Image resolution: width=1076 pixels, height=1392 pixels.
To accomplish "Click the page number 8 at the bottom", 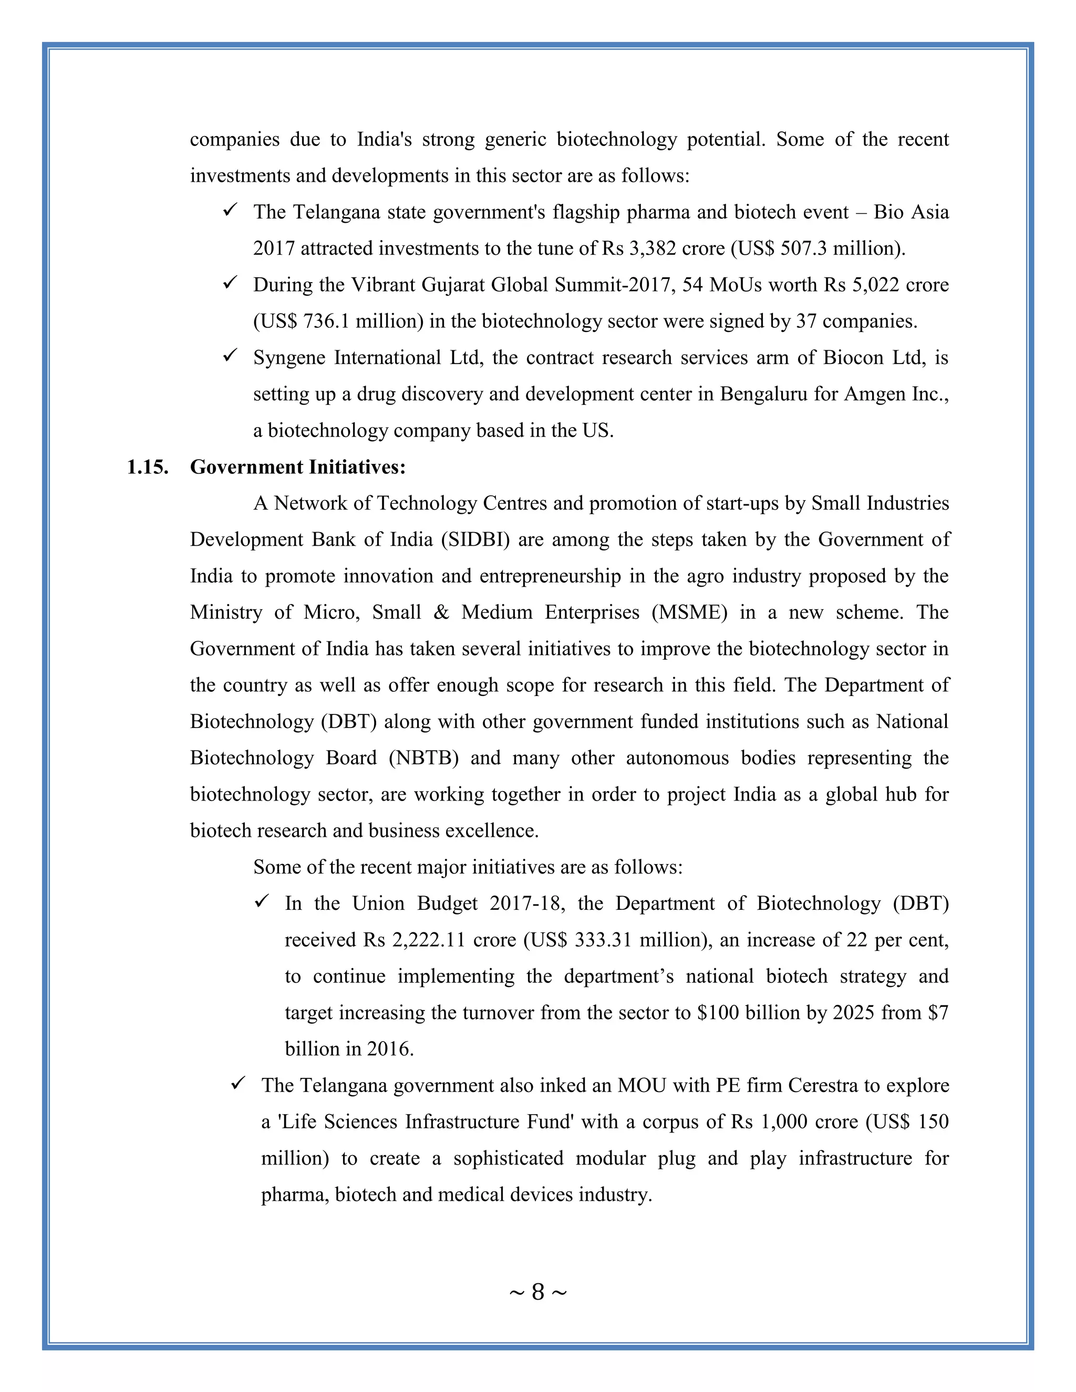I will tap(537, 1292).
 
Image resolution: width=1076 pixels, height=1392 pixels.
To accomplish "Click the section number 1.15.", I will tap(147, 467).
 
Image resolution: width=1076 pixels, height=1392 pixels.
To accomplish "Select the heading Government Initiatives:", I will tap(298, 467).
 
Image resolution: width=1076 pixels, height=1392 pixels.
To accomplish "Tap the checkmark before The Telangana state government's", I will tap(230, 210).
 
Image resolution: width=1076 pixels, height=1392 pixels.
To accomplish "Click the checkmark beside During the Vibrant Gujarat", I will tap(230, 283).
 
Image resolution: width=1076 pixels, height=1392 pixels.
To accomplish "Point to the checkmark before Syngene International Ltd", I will tap(230, 355).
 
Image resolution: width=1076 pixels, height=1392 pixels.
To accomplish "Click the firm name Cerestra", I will tap(823, 1085).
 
